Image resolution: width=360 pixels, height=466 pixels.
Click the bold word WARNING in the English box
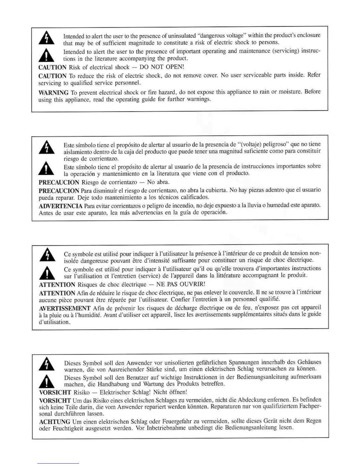click(x=53, y=92)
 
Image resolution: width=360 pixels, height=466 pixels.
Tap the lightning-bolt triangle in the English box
click(x=46, y=38)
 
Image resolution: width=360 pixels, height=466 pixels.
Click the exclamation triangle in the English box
click(x=46, y=55)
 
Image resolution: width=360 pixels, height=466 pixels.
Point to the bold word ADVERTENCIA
click(x=60, y=205)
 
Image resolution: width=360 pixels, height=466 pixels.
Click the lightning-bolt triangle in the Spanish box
click(x=47, y=147)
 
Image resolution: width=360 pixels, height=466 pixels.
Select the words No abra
click(x=158, y=182)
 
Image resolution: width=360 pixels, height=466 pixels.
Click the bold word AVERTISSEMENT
click(x=64, y=308)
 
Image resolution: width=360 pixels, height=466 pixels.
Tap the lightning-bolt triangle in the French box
click(x=47, y=255)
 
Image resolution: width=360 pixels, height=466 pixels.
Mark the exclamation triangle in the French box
click(x=47, y=273)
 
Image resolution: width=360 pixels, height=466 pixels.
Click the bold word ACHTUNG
click(x=54, y=422)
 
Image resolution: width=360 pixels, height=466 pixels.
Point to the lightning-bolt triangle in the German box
click(x=47, y=364)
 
